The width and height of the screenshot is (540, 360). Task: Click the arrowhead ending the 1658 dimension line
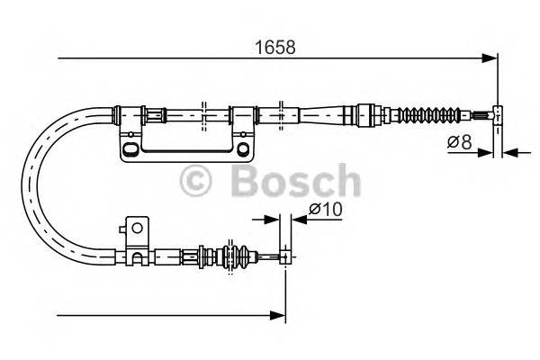click(x=490, y=59)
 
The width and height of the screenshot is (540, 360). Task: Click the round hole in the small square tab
click(x=137, y=229)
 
